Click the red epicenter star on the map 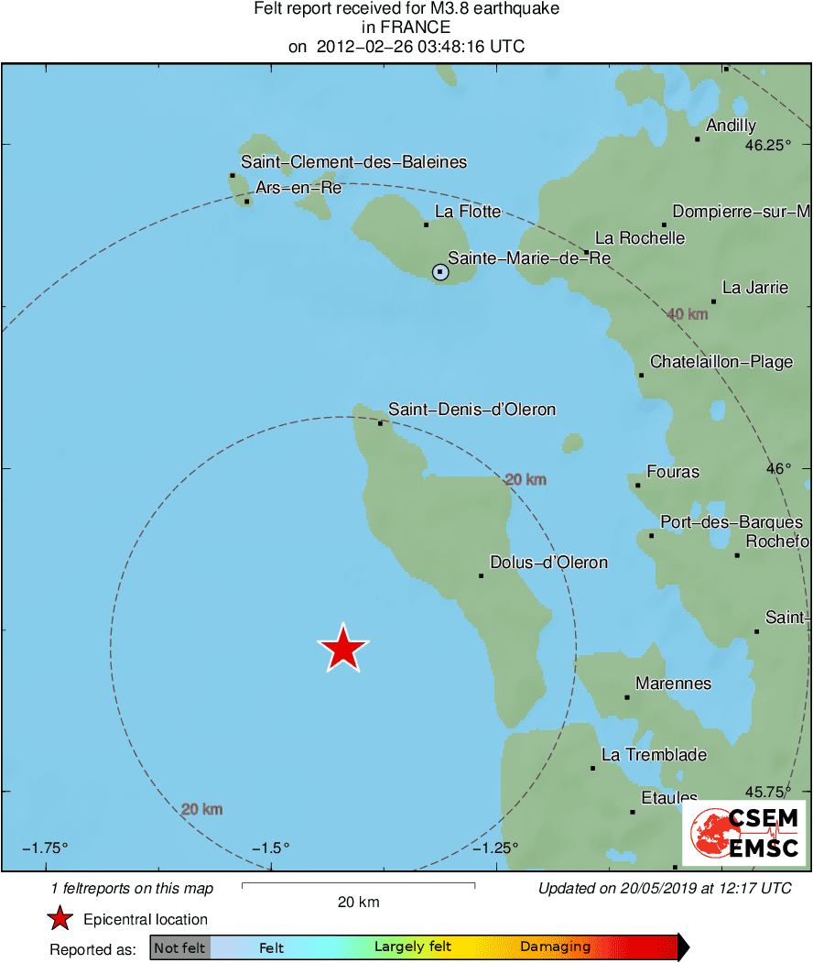[343, 649]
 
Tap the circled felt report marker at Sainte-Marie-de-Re [440, 272]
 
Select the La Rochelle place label [640, 238]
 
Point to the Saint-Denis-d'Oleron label [472, 410]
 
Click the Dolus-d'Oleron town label [548, 563]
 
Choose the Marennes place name [673, 684]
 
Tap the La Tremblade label [654, 755]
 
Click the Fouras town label [673, 472]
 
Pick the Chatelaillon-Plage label [721, 362]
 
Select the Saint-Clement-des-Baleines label [353, 162]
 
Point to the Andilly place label [732, 126]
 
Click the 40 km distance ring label [688, 314]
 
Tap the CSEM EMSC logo [743, 832]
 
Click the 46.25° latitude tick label [767, 145]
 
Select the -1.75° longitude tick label [46, 848]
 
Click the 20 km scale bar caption [358, 903]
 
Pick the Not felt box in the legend [180, 948]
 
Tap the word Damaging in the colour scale [555, 947]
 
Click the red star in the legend [60, 919]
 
